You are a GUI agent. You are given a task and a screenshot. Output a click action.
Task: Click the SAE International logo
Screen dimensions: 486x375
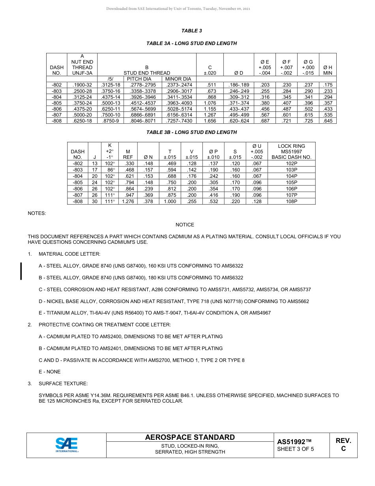click(x=67, y=445)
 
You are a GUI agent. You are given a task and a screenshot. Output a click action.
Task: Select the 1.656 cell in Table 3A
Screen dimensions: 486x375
click(x=210, y=121)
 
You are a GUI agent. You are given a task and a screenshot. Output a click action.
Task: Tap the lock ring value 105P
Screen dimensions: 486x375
click(x=291, y=182)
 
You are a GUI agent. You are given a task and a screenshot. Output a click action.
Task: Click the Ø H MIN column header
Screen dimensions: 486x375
click(x=328, y=70)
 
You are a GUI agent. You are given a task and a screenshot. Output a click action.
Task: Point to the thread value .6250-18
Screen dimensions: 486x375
click(x=82, y=121)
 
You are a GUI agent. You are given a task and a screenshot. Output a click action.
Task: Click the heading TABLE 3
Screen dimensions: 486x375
click(x=192, y=31)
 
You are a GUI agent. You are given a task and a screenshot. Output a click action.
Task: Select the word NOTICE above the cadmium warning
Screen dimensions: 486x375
click(x=185, y=225)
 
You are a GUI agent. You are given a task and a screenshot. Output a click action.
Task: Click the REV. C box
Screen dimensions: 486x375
click(x=343, y=445)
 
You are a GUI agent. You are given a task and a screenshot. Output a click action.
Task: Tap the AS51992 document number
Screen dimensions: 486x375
click(x=294, y=442)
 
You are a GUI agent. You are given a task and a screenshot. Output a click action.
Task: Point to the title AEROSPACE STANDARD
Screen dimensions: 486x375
click(x=190, y=437)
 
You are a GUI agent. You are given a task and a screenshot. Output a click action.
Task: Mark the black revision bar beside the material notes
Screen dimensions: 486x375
click(x=21, y=271)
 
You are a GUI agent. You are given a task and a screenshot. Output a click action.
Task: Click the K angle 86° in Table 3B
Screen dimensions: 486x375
click(x=110, y=170)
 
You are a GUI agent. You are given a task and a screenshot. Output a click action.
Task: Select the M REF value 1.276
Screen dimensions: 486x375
click(x=128, y=201)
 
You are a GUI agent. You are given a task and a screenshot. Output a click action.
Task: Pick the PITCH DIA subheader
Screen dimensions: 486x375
click(x=139, y=79)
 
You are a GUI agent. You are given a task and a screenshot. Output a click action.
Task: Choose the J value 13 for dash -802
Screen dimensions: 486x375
click(x=95, y=163)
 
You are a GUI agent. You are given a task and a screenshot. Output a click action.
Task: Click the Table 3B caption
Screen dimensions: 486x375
click(x=192, y=132)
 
